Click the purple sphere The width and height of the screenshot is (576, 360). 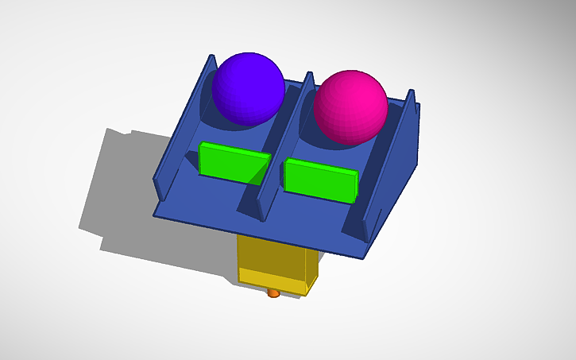pyautogui.click(x=248, y=87)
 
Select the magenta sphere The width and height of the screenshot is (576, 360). pyautogui.click(x=350, y=106)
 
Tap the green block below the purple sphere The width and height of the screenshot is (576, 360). pyautogui.click(x=234, y=162)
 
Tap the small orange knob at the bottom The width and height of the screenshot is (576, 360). pyautogui.click(x=273, y=293)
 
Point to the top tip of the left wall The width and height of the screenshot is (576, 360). pyautogui.click(x=211, y=57)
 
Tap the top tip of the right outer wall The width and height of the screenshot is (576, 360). pyautogui.click(x=412, y=91)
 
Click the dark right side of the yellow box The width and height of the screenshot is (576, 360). pyautogui.click(x=311, y=266)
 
